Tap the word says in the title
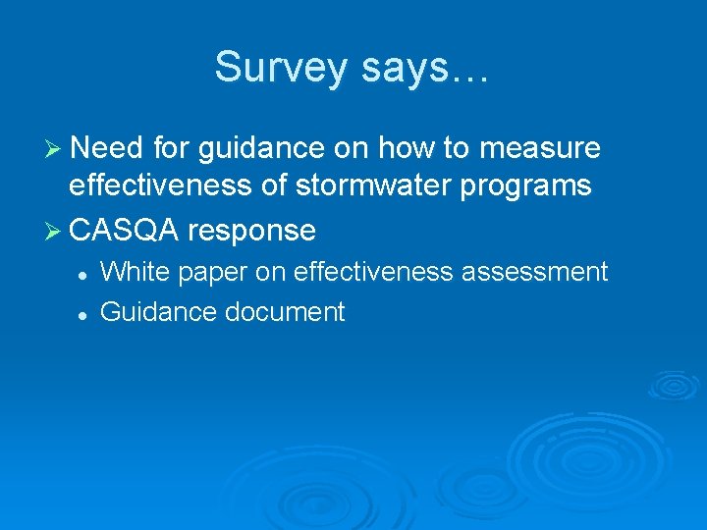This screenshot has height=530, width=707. tap(402, 67)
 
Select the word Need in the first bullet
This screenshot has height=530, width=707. tap(105, 148)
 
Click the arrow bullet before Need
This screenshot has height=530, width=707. tap(54, 148)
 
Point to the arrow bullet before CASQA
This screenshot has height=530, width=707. tap(54, 232)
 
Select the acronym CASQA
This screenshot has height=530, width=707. tap(124, 232)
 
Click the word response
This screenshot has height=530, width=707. tap(251, 232)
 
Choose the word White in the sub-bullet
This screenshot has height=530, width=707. tap(135, 272)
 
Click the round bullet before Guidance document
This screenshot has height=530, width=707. tap(84, 314)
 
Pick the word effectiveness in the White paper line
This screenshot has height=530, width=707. tap(368, 272)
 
